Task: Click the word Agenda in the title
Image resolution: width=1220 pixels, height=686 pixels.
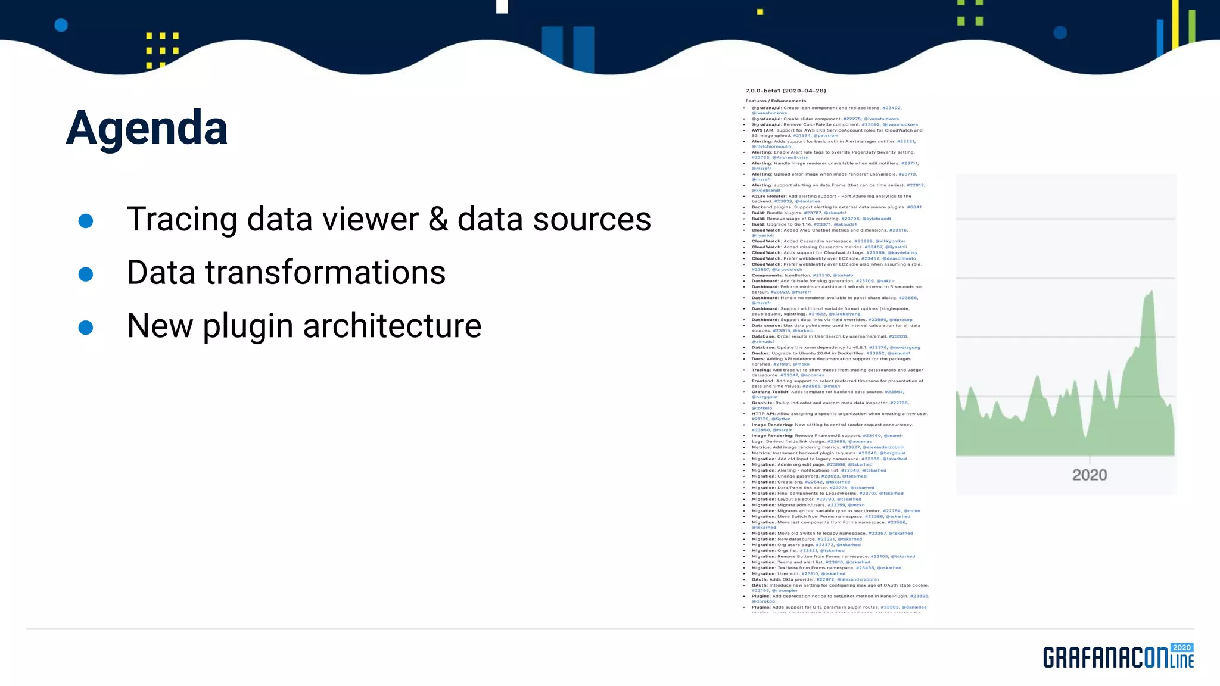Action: [147, 128]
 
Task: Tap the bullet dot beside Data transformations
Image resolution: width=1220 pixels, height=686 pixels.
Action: [86, 274]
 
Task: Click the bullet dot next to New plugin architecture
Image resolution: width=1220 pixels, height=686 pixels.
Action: [86, 328]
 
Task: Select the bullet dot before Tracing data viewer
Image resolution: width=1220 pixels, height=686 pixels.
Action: [86, 221]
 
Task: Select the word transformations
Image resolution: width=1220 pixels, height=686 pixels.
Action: [325, 273]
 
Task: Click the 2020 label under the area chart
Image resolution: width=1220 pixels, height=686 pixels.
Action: [1090, 475]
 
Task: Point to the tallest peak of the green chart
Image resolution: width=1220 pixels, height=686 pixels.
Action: [1151, 292]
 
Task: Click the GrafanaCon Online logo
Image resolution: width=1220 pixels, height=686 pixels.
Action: [1118, 656]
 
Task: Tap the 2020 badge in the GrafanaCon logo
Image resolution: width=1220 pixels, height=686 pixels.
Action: [1181, 648]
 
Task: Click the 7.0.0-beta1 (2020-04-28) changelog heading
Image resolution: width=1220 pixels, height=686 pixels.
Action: [786, 91]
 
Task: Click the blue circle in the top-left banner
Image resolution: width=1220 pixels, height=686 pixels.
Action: [61, 25]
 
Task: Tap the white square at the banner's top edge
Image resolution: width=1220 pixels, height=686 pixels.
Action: [502, 7]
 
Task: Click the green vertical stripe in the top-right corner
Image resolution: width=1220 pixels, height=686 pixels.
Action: [1191, 27]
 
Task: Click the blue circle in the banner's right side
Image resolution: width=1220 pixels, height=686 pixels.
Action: [1060, 33]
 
